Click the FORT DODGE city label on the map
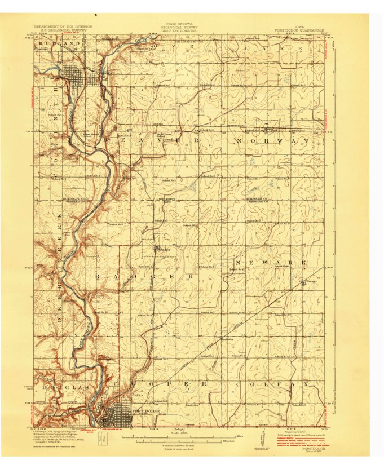tap(145, 412)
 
